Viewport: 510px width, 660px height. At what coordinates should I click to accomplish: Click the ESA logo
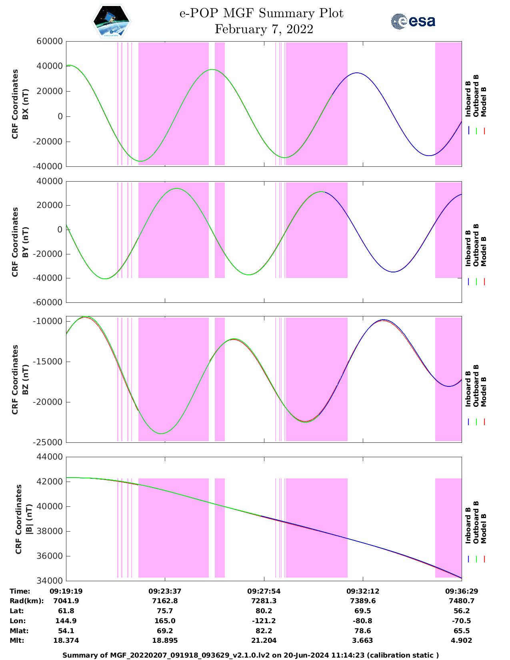coord(413,21)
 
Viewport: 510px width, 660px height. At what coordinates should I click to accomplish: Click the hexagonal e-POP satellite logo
coord(112,21)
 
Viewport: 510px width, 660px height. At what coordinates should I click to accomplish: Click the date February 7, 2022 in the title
coord(264,29)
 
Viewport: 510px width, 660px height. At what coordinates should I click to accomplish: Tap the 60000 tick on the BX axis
coord(49,41)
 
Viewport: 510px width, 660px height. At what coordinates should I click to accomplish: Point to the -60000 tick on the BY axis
coord(49,302)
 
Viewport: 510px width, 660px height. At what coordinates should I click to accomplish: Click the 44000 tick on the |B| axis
coord(49,457)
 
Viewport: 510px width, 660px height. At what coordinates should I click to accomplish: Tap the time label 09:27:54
coord(264,591)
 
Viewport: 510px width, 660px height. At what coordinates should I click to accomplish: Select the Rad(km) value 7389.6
coord(362,601)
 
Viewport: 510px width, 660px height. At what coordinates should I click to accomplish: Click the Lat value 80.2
coord(264,611)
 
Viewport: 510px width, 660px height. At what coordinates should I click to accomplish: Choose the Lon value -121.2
coord(264,621)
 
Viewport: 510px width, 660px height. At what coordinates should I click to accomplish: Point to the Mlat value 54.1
coord(66,631)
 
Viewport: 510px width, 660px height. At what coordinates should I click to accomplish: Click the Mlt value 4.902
coord(462,640)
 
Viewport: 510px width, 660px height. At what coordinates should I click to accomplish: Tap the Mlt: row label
coord(17,640)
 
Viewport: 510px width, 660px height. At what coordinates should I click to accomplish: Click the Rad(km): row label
coord(27,601)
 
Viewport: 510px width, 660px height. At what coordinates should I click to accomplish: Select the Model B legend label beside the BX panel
coord(484,102)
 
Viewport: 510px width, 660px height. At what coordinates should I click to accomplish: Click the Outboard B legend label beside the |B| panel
coord(476,522)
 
